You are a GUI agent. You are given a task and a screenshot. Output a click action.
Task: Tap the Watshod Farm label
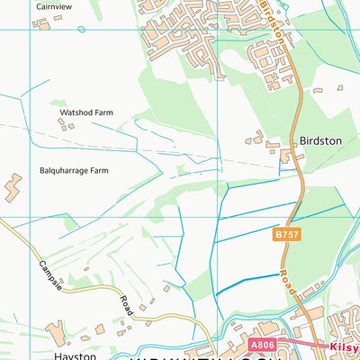pos(83,112)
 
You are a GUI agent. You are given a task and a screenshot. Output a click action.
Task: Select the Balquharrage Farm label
pos(73,169)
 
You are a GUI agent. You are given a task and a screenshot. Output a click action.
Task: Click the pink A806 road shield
pos(260,344)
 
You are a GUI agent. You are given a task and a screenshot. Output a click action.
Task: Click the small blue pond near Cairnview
pos(81,30)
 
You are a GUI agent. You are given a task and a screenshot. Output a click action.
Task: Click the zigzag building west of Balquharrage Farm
pos(13,188)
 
